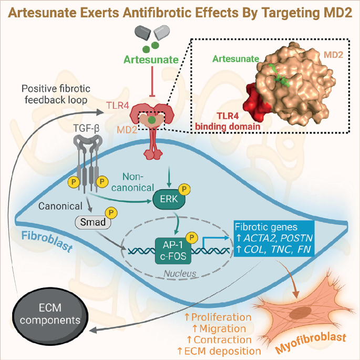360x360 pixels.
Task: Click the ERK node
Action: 169,199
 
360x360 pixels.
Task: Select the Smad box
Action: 93,222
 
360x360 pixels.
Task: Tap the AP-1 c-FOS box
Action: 173,251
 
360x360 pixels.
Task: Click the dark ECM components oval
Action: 50,314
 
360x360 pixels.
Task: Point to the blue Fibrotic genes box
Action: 274,238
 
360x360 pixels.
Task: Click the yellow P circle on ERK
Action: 184,189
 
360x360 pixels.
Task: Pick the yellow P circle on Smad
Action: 111,213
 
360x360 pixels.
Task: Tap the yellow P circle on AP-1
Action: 192,238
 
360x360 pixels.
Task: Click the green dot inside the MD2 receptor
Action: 151,120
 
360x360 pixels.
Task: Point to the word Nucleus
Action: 180,273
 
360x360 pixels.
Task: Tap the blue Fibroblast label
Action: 47,241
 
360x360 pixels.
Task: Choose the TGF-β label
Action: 86,128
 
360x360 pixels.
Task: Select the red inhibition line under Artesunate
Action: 152,81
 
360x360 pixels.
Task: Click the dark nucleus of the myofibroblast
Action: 300,313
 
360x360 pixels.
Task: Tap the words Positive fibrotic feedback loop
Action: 56,95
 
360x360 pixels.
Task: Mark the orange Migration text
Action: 219,328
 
